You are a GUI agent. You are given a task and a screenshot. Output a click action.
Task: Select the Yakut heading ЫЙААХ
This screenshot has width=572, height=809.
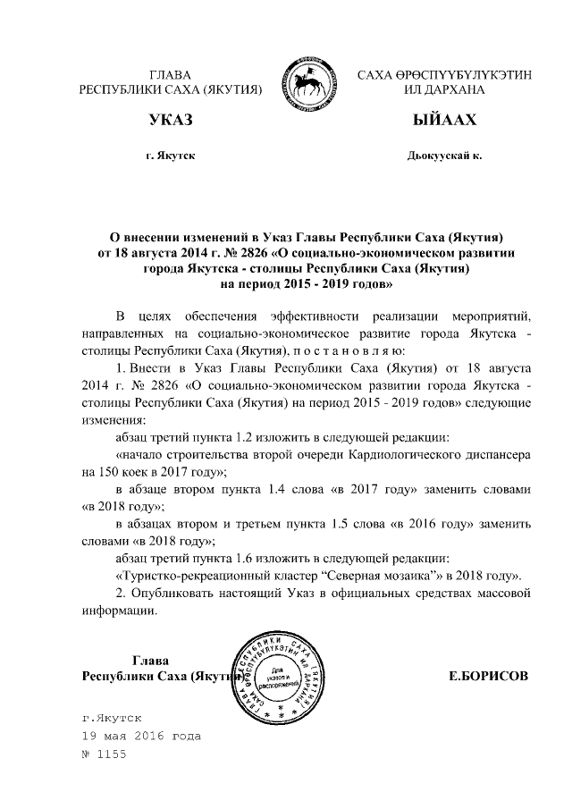tap(444, 120)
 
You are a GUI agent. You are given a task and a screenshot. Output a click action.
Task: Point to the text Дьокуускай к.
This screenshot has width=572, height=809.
tap(444, 156)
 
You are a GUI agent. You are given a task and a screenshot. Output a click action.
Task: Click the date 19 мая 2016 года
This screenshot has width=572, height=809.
tap(140, 736)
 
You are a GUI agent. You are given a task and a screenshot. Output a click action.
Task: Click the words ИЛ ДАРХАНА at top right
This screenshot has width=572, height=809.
tap(444, 90)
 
